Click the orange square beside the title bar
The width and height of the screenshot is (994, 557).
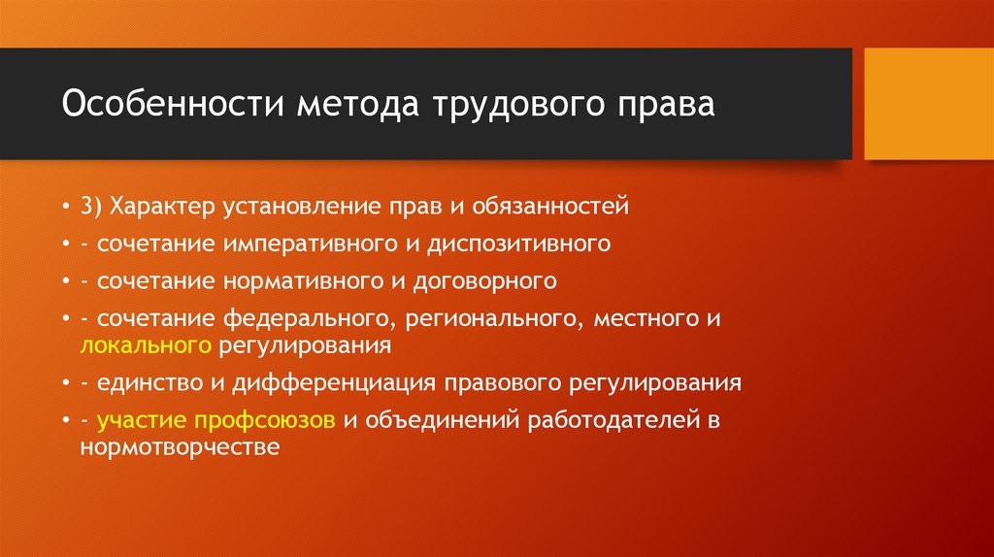(x=928, y=104)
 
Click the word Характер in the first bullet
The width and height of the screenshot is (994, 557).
(x=166, y=206)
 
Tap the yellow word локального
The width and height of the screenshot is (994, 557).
(x=147, y=344)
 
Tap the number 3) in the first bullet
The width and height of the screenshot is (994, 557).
(x=93, y=206)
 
